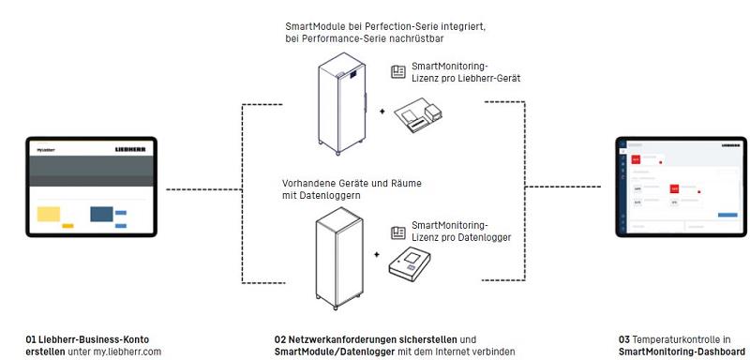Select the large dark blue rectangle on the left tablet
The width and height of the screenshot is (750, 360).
coord(101,214)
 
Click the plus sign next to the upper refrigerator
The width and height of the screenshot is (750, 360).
coord(382,111)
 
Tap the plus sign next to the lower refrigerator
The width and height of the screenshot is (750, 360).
coord(377,254)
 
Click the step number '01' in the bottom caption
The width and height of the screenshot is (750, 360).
coord(32,338)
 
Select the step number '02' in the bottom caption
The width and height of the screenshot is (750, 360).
coord(280,338)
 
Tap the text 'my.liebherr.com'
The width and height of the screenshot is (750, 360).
coord(134,351)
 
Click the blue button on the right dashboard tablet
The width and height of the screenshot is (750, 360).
coord(727,215)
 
